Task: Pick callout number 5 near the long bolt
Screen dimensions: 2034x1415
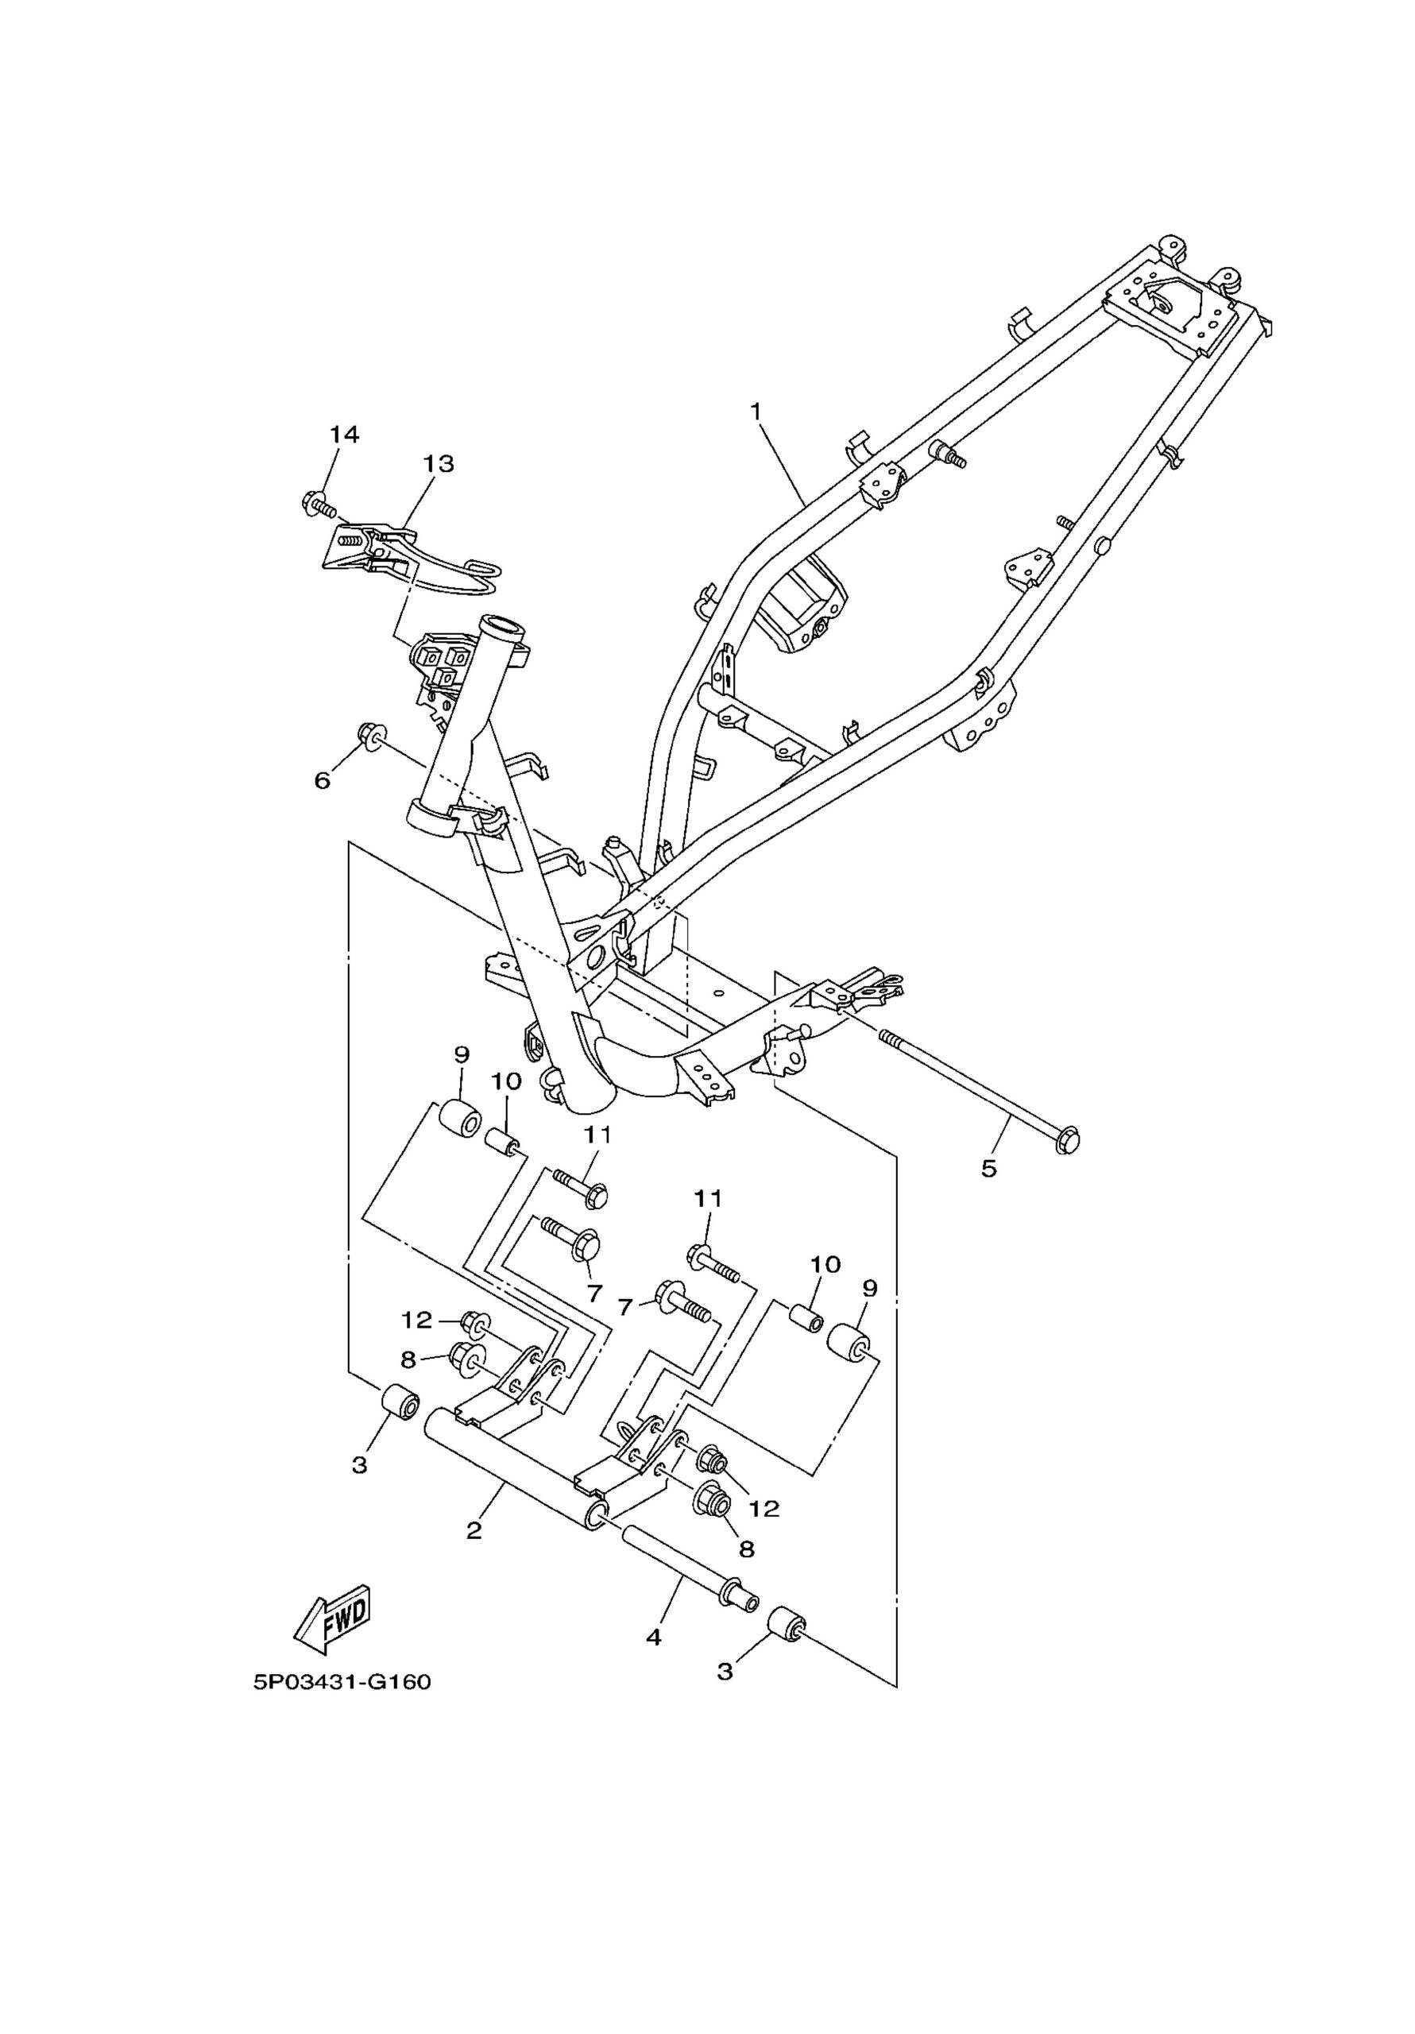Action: (x=989, y=1168)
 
